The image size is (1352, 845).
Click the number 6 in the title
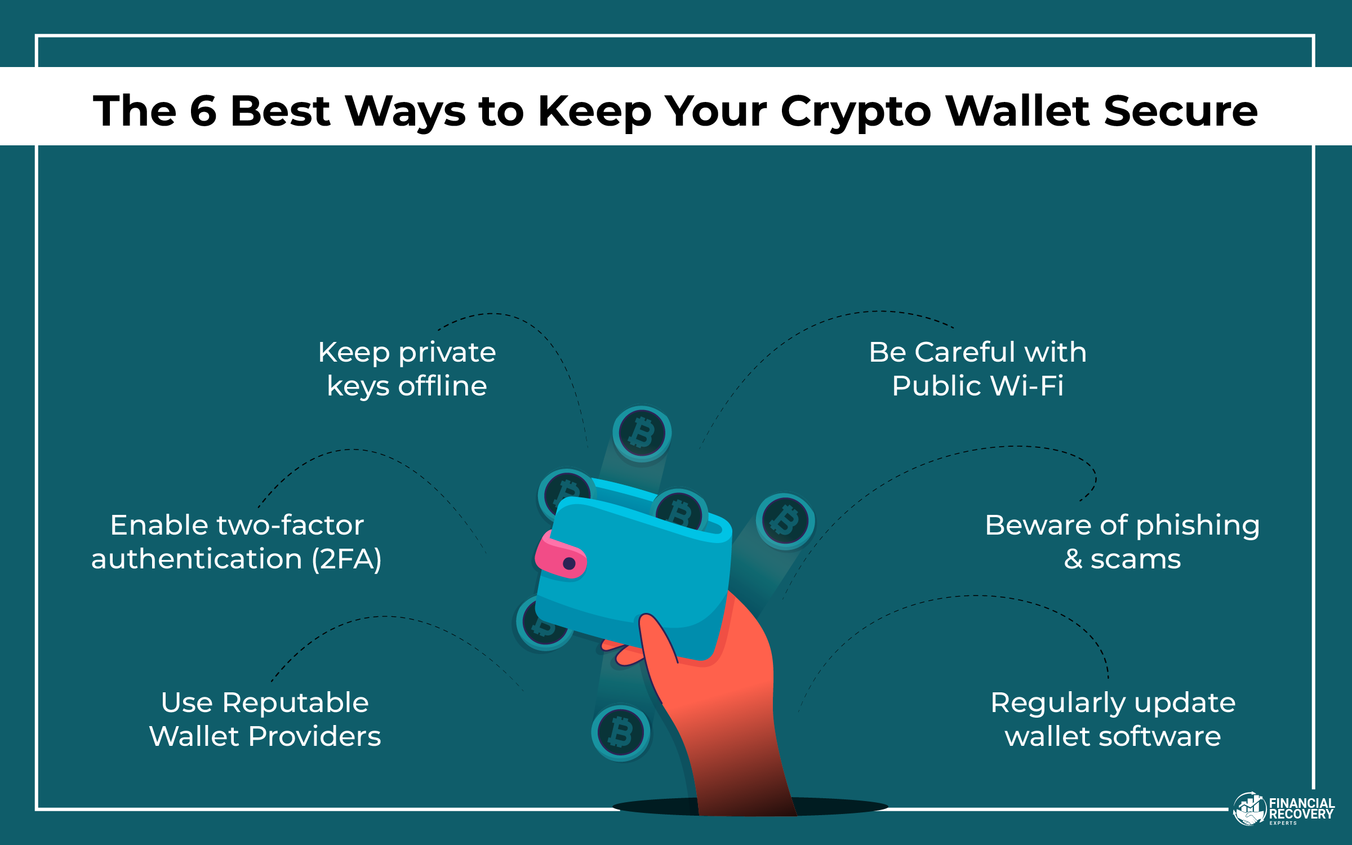pos(203,110)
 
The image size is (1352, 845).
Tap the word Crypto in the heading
pos(856,112)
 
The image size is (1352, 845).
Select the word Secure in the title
pos(1180,110)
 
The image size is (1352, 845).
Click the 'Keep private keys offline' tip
pos(407,369)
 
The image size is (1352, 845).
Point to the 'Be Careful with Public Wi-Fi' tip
pos(977,369)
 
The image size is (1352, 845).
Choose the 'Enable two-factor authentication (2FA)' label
pos(237,542)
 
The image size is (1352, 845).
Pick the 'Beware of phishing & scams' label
pos(1122,542)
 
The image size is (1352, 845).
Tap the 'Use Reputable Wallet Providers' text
pos(265,719)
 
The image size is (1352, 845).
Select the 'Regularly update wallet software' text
pos(1113,719)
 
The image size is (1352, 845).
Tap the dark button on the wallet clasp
pos(569,563)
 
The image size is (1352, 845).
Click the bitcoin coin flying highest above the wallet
pos(642,433)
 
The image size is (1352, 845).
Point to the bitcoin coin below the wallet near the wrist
pos(621,732)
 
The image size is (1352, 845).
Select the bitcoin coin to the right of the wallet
pos(785,521)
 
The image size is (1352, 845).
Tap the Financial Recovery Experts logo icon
pos(1249,809)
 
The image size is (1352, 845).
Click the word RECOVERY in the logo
pos(1301,814)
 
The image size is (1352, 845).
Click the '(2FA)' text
pos(347,559)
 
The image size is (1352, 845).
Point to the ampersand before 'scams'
pos(1073,559)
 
